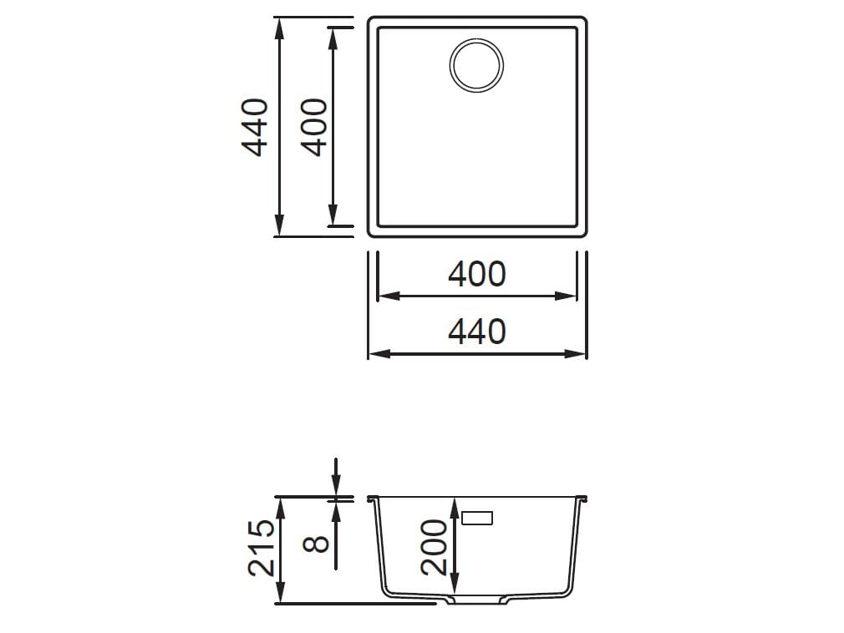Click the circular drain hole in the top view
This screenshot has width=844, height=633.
(x=477, y=64)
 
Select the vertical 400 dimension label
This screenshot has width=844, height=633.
(x=313, y=127)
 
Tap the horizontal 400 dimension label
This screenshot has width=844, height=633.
(x=476, y=274)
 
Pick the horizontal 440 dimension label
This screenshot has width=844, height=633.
(x=476, y=332)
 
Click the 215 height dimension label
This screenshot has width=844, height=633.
(x=262, y=548)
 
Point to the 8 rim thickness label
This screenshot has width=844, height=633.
(x=316, y=544)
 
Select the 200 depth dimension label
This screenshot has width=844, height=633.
(x=434, y=547)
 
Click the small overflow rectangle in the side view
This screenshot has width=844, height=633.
(x=477, y=518)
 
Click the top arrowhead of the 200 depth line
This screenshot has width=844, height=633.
(x=455, y=504)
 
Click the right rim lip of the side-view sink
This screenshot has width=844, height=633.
(x=584, y=499)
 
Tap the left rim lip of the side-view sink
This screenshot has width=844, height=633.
(x=371, y=499)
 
